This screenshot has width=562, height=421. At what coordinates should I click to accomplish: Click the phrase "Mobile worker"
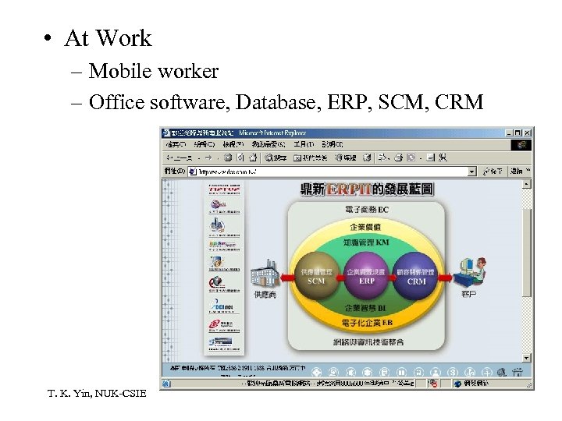[153, 72]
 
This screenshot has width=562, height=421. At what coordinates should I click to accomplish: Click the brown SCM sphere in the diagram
[316, 275]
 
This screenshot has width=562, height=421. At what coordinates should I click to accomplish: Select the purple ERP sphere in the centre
[366, 275]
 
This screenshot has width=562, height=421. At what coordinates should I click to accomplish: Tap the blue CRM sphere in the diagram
[416, 275]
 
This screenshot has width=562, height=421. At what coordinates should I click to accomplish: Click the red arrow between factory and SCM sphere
[285, 275]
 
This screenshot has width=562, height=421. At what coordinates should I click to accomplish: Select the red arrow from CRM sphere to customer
[449, 274]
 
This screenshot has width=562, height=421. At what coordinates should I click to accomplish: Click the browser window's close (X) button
[528, 133]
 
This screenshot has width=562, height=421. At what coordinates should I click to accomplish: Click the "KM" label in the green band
[382, 242]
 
